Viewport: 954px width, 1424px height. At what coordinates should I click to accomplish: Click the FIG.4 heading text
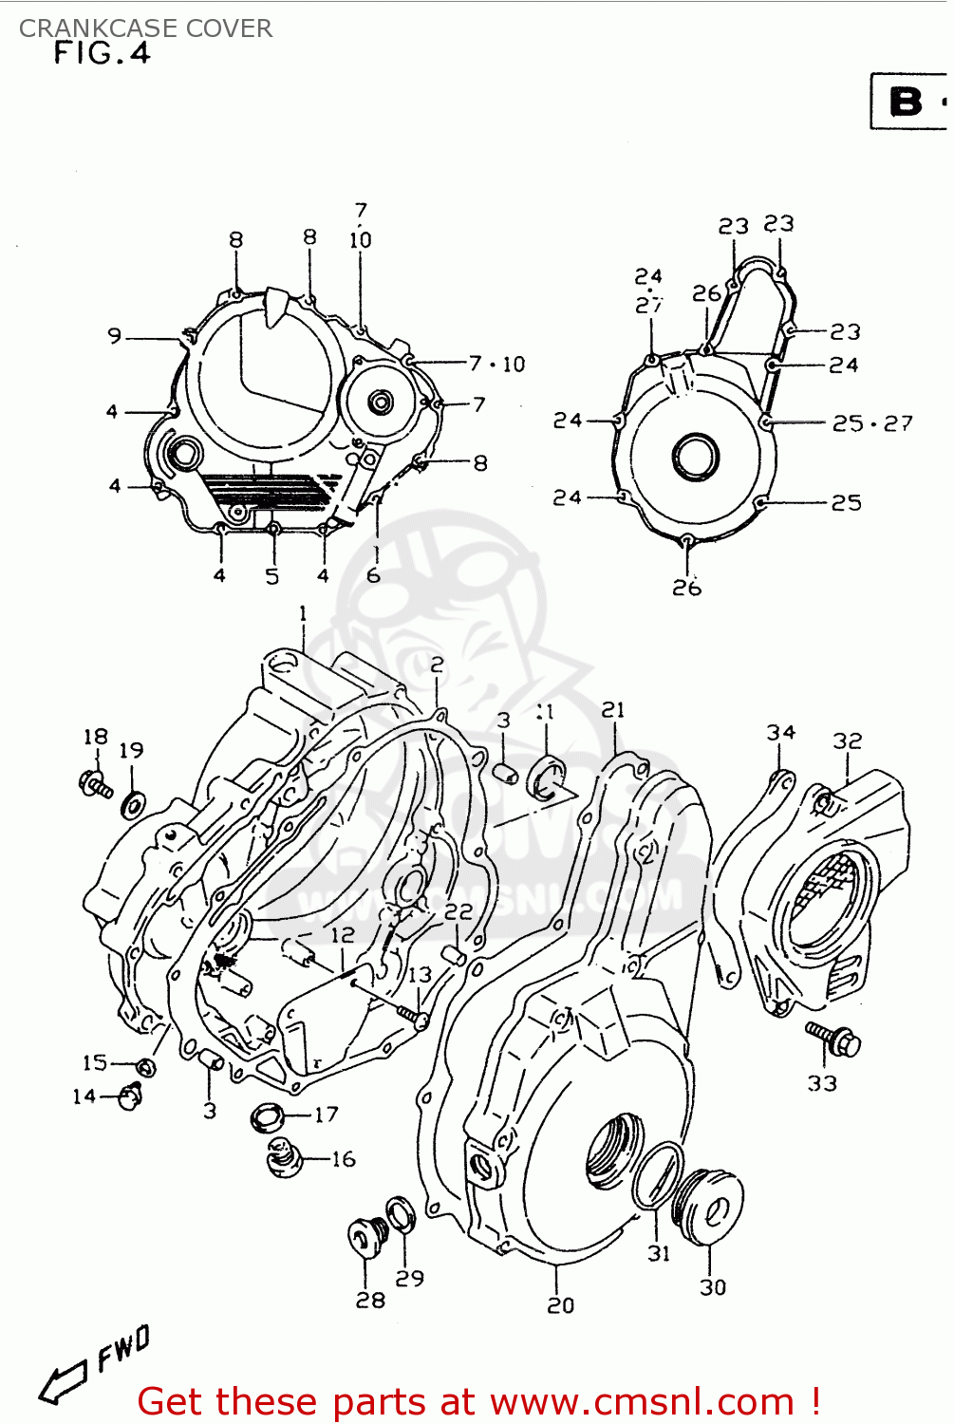102,53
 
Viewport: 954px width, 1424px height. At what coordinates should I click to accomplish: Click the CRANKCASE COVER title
145,28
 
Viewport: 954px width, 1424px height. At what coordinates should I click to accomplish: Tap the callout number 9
115,336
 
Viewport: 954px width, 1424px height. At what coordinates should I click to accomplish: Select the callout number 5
272,576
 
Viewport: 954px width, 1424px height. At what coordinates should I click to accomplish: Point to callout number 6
373,575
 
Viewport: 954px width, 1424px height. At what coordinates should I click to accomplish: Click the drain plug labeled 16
283,1158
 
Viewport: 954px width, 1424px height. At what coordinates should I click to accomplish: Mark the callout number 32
847,741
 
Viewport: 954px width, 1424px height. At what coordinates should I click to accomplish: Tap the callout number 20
560,1305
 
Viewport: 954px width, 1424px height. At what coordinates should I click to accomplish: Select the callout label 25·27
872,423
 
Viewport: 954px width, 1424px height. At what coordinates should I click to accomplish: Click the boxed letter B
907,102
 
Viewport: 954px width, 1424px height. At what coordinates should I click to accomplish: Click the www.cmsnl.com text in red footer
642,1401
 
